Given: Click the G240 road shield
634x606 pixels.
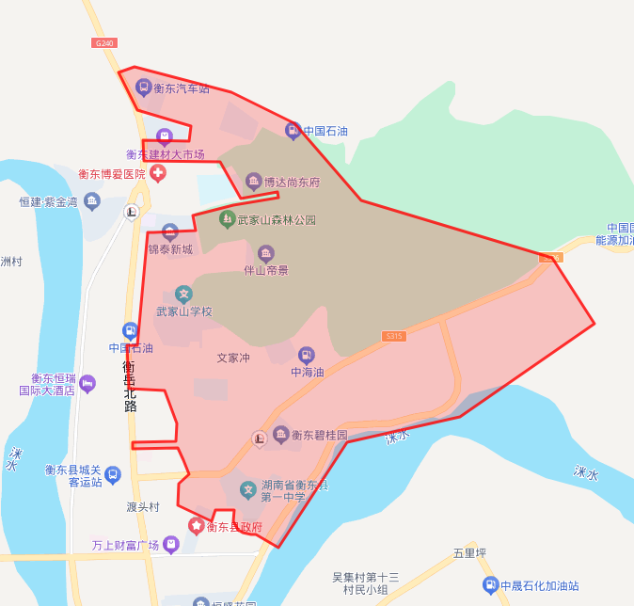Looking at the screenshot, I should click(x=104, y=42).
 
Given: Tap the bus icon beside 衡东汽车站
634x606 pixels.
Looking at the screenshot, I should click(x=143, y=88).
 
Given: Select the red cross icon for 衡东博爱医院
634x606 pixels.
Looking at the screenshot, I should click(x=157, y=173).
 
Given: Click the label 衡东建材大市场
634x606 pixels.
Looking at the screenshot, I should click(x=165, y=154).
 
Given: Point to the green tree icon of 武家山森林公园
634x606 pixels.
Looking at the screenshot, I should click(x=226, y=219).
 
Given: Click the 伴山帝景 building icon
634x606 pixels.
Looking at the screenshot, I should click(x=266, y=253).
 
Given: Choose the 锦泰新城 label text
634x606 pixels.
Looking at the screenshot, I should click(x=169, y=249).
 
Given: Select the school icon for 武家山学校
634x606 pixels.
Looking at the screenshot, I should click(x=183, y=295).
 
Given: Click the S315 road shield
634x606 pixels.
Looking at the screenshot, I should click(x=394, y=335).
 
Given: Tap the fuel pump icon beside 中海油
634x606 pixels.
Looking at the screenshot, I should click(x=306, y=355).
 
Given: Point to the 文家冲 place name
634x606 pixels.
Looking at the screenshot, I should click(x=233, y=359).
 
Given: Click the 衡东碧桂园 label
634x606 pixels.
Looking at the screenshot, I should click(x=319, y=436).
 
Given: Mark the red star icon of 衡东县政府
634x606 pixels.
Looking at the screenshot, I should click(x=197, y=526).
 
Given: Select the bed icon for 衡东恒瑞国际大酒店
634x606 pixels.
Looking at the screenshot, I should click(x=87, y=383).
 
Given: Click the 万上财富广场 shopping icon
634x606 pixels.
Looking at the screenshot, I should click(x=170, y=544).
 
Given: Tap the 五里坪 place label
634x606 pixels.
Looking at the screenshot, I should click(x=468, y=552).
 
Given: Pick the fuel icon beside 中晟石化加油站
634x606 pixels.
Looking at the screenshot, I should click(x=490, y=584).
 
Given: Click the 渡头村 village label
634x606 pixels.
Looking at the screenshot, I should click(x=143, y=507).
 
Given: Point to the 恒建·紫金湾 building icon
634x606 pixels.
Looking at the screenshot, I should click(x=91, y=200).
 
